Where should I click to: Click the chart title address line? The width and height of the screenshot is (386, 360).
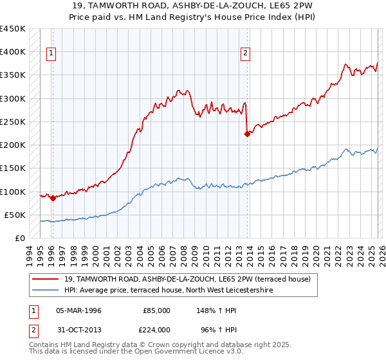(x=192, y=6)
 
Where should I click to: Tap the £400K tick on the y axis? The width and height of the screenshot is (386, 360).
(x=13, y=52)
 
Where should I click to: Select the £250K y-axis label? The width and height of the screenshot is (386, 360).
(x=13, y=122)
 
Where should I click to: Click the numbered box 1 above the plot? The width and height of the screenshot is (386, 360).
(x=51, y=54)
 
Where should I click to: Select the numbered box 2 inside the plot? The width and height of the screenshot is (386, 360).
(x=245, y=54)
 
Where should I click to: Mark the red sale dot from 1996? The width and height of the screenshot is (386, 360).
(x=53, y=198)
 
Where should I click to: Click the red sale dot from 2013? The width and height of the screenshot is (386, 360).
(x=247, y=134)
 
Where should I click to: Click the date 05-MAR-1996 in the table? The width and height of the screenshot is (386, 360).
(x=78, y=310)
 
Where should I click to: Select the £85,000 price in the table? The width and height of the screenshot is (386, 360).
(x=156, y=310)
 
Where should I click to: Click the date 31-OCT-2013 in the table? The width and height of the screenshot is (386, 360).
(x=78, y=329)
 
